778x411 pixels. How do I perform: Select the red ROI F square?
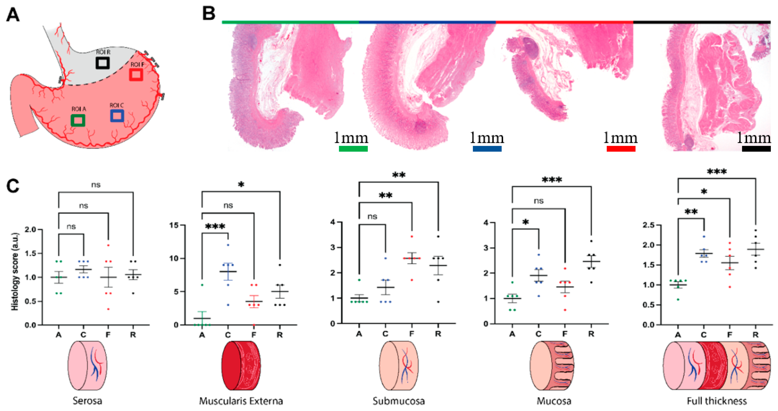(136, 74)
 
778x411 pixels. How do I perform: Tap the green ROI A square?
(78, 120)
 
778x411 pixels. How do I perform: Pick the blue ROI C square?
(117, 116)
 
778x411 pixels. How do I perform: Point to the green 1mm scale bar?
(353, 149)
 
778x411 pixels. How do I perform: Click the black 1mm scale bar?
(756, 149)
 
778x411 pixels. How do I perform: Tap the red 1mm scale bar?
(621, 149)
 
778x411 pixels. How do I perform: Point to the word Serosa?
(87, 401)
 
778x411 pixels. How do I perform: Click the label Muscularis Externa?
(241, 401)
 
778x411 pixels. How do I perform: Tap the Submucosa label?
(399, 401)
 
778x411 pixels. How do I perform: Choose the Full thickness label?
(717, 401)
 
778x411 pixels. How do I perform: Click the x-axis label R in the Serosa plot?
(133, 335)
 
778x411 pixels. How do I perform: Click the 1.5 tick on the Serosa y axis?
(30, 253)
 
